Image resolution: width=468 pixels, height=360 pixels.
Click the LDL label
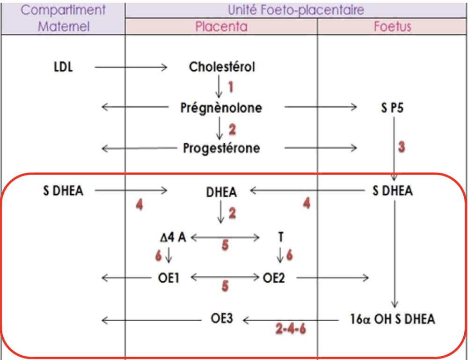(x=64, y=67)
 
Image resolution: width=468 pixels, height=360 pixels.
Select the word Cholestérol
(x=222, y=67)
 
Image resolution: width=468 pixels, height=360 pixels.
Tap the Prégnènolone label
(x=221, y=108)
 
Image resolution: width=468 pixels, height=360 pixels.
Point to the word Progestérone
(x=221, y=148)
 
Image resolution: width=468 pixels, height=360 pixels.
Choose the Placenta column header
(x=221, y=26)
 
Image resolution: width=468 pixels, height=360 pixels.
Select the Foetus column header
(x=392, y=26)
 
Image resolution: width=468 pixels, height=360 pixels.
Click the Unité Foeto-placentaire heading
(x=296, y=9)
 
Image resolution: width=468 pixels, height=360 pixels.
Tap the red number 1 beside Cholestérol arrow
(x=230, y=87)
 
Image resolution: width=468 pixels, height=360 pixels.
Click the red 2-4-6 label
(x=291, y=328)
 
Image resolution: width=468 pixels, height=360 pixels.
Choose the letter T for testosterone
(x=280, y=237)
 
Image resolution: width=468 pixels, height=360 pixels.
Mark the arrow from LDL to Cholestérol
(x=131, y=67)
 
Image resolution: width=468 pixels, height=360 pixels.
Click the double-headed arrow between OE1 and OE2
(x=225, y=278)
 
